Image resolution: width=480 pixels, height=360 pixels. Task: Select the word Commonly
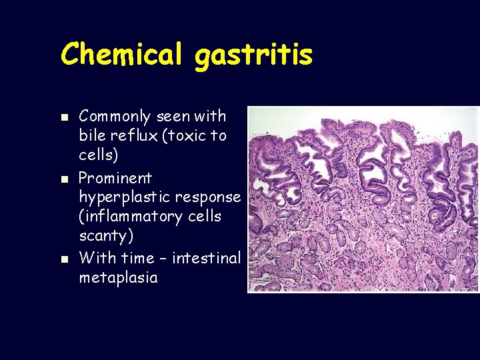116,117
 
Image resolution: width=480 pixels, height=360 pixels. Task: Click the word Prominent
115,178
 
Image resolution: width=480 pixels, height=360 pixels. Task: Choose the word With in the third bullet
97,257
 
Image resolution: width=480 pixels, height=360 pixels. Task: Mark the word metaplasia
118,277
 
